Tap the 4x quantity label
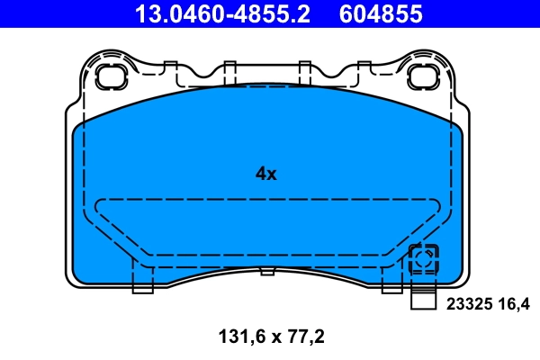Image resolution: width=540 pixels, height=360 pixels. pyautogui.click(x=265, y=174)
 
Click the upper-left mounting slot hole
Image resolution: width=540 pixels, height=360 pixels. pyautogui.click(x=112, y=76)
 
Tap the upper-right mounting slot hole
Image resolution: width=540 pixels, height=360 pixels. pyautogui.click(x=422, y=76)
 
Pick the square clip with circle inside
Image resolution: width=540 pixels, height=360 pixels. pyautogui.click(x=422, y=261)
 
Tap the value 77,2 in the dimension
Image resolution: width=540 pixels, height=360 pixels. pyautogui.click(x=306, y=337)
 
